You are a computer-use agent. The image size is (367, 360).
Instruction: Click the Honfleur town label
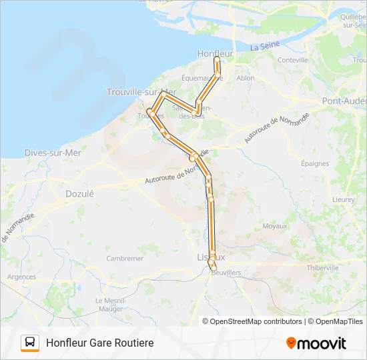coord(216,53)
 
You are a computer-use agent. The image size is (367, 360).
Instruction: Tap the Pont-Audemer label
coord(344,101)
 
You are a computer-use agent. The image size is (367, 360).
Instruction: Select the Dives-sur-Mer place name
coord(53,153)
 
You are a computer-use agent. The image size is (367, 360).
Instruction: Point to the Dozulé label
coord(79,193)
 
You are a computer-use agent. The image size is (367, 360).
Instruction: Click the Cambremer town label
coord(125,259)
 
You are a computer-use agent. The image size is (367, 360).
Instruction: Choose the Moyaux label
coord(274,226)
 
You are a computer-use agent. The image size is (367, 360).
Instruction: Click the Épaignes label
coord(315,163)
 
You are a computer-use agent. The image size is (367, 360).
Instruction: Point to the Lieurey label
coord(343,199)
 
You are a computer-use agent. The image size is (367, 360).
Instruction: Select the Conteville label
coord(293,60)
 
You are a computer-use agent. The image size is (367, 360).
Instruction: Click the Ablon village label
coord(246,77)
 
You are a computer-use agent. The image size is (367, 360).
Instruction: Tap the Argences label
coord(21,277)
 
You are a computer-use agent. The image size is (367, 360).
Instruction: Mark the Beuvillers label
coord(226,273)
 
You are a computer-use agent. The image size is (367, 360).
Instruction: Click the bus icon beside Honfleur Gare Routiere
coord(30,343)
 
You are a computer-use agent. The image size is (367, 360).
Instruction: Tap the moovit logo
coord(316,343)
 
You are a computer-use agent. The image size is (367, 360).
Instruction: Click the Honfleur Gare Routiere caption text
coord(99,343)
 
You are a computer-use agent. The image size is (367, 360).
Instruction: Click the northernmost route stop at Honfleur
coord(217,59)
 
